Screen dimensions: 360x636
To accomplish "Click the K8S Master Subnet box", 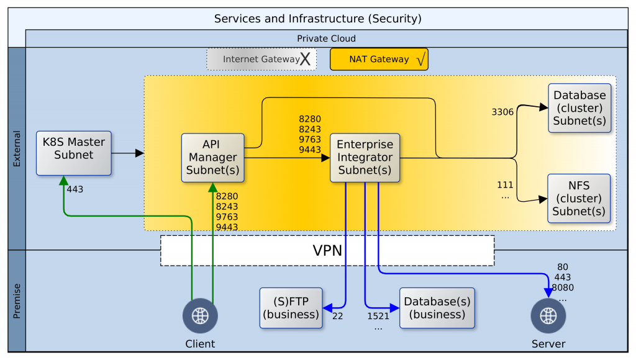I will click(x=73, y=153).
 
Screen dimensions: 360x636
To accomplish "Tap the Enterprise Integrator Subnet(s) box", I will click(x=365, y=158).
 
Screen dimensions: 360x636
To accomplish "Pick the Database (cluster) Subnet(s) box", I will click(x=579, y=108).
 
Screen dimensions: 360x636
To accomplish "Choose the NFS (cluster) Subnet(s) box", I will click(x=579, y=198).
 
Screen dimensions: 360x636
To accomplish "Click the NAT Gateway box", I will click(x=379, y=60).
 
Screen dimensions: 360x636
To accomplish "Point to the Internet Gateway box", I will click(x=261, y=60).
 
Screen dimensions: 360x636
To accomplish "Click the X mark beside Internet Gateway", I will click(x=305, y=60).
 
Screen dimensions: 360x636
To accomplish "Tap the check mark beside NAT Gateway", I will click(x=420, y=60).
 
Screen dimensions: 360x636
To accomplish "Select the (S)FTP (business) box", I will click(x=291, y=308).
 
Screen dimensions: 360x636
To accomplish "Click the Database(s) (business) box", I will click(x=437, y=308).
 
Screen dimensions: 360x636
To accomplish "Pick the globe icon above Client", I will click(x=199, y=315).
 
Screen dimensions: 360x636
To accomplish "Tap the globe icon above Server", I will click(x=548, y=315).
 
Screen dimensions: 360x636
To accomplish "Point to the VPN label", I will click(x=327, y=251).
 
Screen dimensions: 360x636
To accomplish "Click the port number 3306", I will click(x=502, y=112).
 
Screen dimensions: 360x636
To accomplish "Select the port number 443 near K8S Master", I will click(x=75, y=189).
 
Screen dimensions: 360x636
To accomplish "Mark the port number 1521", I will click(x=378, y=316).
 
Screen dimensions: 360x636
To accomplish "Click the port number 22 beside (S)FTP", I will click(x=337, y=316).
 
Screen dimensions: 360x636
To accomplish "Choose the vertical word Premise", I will click(x=17, y=300).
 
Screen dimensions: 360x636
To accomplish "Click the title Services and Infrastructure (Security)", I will click(x=317, y=19).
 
